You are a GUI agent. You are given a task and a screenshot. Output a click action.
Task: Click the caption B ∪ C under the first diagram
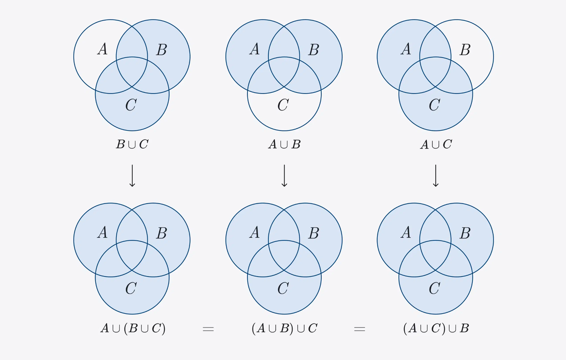point(132,144)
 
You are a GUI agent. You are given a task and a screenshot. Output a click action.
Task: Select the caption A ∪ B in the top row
point(284,144)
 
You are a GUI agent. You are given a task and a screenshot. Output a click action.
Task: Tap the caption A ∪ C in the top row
point(436,144)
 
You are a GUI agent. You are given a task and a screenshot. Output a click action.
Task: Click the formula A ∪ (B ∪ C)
point(133,328)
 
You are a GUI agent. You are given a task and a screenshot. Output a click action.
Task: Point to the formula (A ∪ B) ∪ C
point(285,328)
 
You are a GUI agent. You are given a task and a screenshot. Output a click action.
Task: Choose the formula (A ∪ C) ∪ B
point(436,328)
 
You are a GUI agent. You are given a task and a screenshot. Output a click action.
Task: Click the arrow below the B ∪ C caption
point(132,176)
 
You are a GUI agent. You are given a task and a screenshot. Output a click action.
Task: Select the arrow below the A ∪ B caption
point(284,176)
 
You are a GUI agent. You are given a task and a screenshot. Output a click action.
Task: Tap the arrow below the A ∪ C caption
point(436,176)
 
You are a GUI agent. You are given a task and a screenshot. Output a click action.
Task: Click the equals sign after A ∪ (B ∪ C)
point(208,329)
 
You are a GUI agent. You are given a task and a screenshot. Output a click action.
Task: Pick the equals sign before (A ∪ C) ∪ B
point(359,329)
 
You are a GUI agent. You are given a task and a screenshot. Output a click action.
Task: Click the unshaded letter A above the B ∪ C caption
point(102,49)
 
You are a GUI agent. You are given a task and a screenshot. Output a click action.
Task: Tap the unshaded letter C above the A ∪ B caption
point(283,105)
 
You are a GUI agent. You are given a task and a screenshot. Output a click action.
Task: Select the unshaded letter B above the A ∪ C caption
point(465,50)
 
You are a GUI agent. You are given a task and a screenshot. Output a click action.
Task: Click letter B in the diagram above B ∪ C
point(162,50)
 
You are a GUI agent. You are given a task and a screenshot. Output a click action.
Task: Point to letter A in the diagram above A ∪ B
point(255,49)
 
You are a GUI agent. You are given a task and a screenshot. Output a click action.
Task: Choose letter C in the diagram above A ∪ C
point(435,105)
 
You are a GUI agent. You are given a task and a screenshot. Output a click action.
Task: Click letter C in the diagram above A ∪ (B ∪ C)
point(131,288)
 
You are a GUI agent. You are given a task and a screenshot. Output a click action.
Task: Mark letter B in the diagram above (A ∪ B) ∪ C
point(314,233)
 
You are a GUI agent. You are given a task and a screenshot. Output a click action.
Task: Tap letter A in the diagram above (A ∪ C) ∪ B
point(406,233)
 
